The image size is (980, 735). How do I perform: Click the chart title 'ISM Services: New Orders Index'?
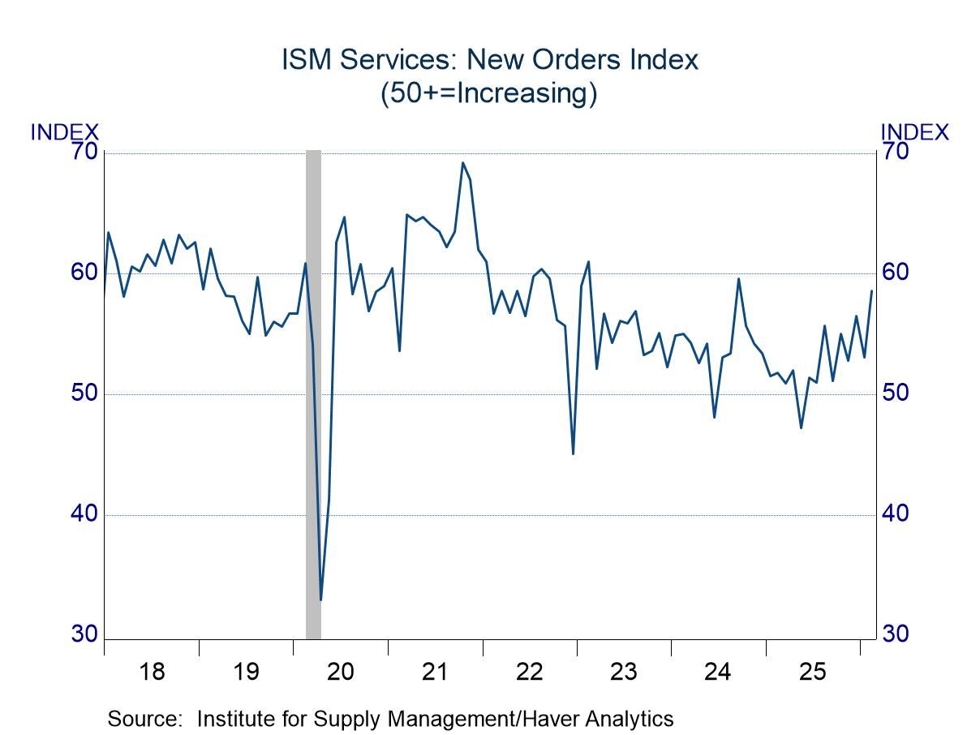tap(489, 60)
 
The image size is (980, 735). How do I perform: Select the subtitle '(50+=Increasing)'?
tap(489, 93)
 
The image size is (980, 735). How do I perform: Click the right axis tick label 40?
tap(895, 514)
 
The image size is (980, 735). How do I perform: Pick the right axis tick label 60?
tap(895, 273)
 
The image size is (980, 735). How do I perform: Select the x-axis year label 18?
tap(152, 672)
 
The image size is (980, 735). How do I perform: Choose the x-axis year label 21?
tap(436, 672)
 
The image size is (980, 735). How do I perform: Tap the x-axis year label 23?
tap(624, 672)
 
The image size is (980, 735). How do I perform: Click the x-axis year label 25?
tap(813, 672)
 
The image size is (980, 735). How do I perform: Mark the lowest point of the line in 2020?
tap(321, 600)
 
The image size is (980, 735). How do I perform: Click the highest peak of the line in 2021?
tap(462, 162)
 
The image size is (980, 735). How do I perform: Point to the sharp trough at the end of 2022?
tap(573, 453)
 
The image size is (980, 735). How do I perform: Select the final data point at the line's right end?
tap(872, 290)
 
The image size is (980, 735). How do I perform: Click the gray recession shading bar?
tap(313, 389)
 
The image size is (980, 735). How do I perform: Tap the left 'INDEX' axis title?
tap(65, 131)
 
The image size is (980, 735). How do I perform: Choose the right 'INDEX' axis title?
tap(914, 131)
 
